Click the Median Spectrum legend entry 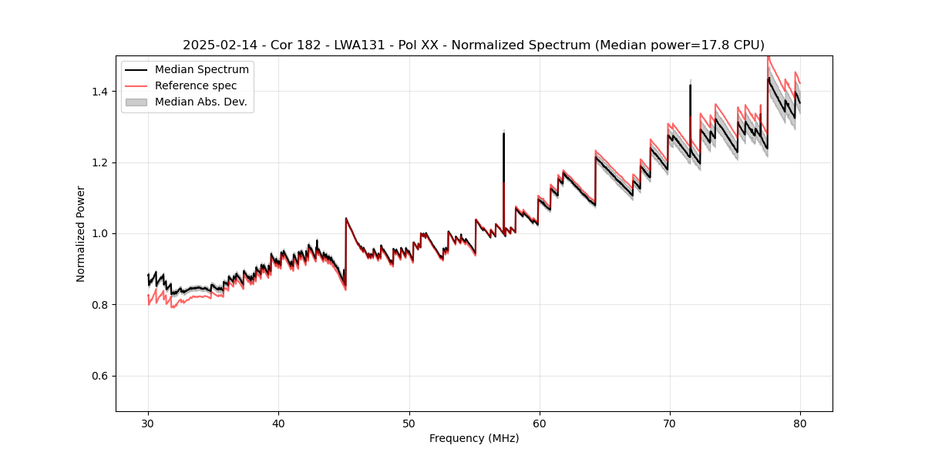[x=201, y=69]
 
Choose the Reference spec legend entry [x=196, y=85]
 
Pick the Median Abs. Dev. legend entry [x=200, y=102]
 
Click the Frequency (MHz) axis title [x=474, y=438]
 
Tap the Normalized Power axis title [x=81, y=233]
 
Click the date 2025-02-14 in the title [x=215, y=45]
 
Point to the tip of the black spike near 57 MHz [x=503, y=133]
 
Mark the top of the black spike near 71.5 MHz [x=690, y=85]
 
